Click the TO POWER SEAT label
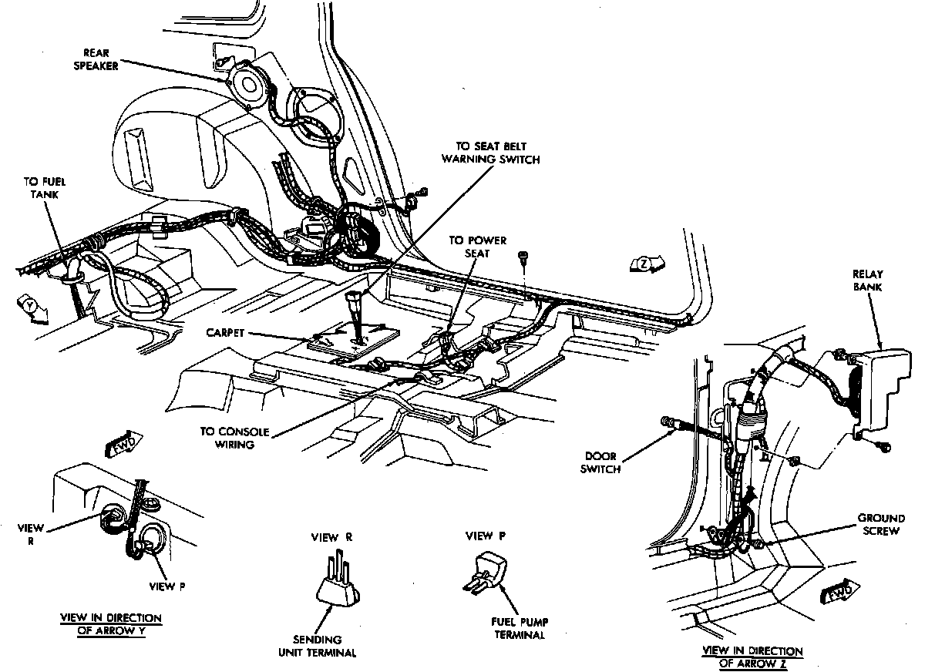[478, 246]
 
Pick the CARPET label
[227, 333]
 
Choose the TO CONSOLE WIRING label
[229, 437]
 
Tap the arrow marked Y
[30, 307]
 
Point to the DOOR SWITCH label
[602, 462]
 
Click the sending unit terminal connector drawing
[338, 583]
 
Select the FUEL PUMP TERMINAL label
[518, 629]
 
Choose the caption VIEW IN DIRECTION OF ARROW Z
[752, 657]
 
